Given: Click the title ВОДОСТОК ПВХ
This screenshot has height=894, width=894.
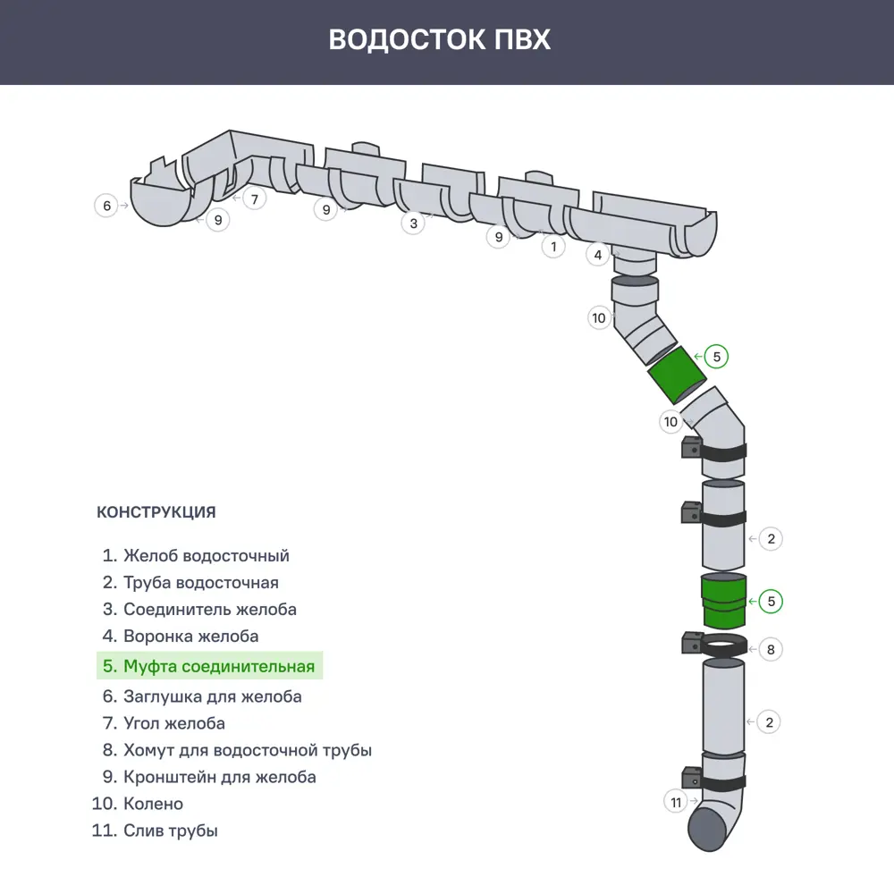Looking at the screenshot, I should pyautogui.click(x=439, y=40).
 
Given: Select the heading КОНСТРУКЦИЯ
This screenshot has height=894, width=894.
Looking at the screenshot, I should pyautogui.click(x=156, y=512).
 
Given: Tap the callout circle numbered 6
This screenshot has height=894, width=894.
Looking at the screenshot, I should pyautogui.click(x=106, y=206).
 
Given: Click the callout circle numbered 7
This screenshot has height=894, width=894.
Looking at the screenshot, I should pyautogui.click(x=254, y=198).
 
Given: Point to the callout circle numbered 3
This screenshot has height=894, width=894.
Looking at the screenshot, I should pyautogui.click(x=412, y=223).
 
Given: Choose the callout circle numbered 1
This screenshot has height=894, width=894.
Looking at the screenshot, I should pyautogui.click(x=553, y=245).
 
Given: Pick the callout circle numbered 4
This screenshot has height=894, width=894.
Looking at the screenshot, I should pyautogui.click(x=598, y=255).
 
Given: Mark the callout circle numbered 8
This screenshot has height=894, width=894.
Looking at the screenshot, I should pyautogui.click(x=771, y=649).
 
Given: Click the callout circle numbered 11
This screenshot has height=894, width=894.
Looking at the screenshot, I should pyautogui.click(x=676, y=802).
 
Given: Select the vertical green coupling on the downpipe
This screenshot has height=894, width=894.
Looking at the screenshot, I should pyautogui.click(x=722, y=603).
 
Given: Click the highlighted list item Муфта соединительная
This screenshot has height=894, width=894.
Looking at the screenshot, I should pyautogui.click(x=209, y=666).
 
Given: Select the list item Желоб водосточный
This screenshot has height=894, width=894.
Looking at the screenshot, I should pyautogui.click(x=196, y=555).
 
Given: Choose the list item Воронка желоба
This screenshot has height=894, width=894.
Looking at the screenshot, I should pyautogui.click(x=181, y=637).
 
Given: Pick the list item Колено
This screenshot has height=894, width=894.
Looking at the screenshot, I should pyautogui.click(x=138, y=804).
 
